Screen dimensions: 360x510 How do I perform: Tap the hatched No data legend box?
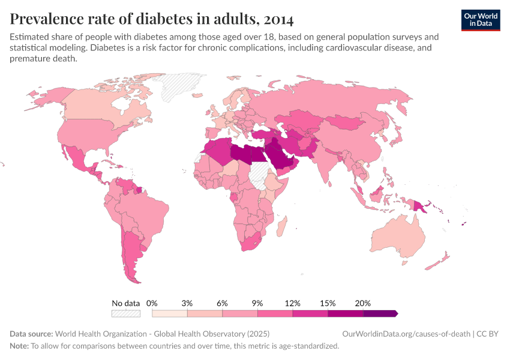click(125, 313)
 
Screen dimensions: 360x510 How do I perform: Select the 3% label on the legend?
click(187, 303)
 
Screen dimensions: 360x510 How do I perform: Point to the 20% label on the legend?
click(363, 303)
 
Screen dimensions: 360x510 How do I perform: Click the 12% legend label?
click(292, 303)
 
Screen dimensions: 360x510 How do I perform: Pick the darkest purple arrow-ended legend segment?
click(380, 313)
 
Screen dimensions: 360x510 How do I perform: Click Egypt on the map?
click(256, 154)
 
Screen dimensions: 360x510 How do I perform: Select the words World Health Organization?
click(108, 334)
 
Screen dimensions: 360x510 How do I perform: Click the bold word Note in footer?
click(18, 346)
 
